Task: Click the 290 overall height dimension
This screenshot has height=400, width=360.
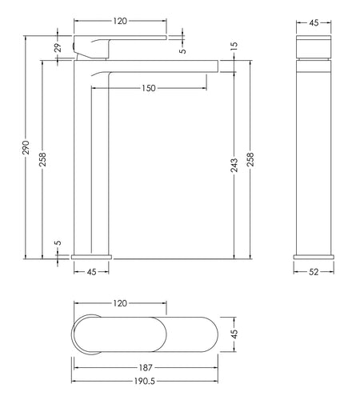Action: click(x=26, y=147)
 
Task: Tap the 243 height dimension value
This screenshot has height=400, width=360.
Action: click(x=234, y=165)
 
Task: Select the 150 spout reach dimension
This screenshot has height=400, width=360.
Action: click(x=149, y=88)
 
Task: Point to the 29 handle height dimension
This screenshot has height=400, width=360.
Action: click(x=58, y=48)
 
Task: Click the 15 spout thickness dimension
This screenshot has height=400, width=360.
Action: click(x=234, y=46)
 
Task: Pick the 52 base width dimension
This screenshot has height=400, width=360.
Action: click(x=314, y=272)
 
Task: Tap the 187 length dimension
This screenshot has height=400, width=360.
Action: click(x=146, y=368)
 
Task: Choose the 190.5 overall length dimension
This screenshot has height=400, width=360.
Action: click(x=144, y=381)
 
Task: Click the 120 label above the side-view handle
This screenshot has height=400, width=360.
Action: click(x=120, y=21)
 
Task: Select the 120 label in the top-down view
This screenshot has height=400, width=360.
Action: click(x=120, y=303)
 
